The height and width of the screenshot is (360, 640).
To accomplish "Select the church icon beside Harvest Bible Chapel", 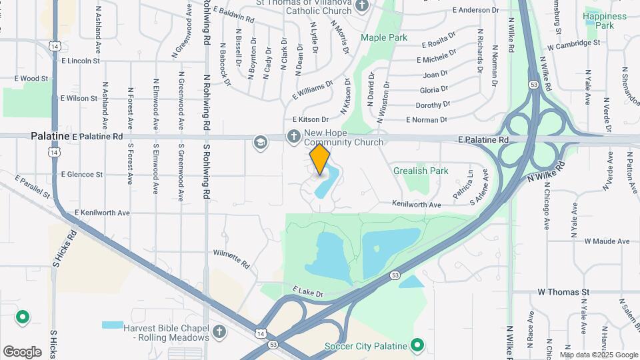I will point(219,331).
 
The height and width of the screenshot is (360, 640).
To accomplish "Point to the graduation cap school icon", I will point(259,141).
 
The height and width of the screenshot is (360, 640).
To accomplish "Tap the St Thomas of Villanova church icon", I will point(362,6).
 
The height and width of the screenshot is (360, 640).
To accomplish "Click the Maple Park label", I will point(384,38).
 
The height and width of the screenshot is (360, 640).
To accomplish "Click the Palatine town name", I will point(50,136).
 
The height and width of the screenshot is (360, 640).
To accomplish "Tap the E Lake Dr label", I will point(307,293).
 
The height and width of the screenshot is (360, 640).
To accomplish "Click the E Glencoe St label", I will point(81,175).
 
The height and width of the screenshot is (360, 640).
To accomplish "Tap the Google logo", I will point(22,351).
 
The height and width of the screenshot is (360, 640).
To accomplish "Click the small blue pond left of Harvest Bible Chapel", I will point(113,325).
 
